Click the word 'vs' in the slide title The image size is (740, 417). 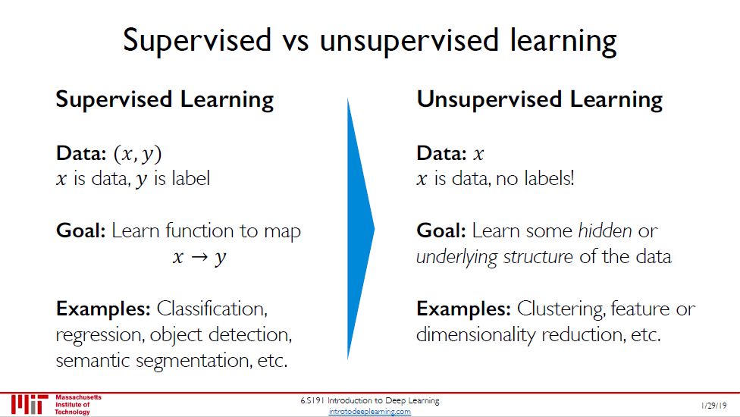[295, 41]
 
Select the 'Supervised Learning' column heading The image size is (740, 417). [165, 100]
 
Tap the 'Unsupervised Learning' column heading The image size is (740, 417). [539, 100]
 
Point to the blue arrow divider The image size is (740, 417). [361, 229]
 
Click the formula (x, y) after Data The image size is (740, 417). [138, 154]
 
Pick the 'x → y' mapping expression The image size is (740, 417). [199, 257]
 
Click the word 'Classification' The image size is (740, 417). [212, 309]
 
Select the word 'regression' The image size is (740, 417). [100, 336]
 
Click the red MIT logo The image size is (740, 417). [30, 404]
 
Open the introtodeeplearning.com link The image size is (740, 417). [369, 412]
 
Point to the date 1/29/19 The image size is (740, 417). [713, 405]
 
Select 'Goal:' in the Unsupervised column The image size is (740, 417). [441, 230]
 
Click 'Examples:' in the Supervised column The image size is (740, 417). [103, 309]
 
